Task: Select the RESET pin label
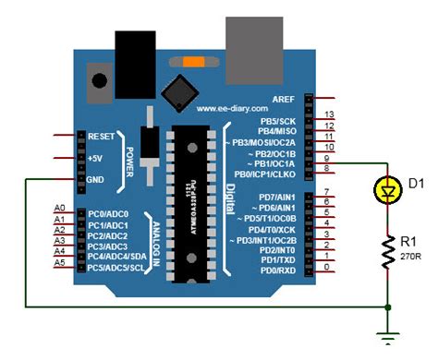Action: pos(101,136)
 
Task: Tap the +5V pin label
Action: pos(97,157)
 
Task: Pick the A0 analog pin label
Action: pos(60,208)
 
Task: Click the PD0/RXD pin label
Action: pos(278,269)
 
